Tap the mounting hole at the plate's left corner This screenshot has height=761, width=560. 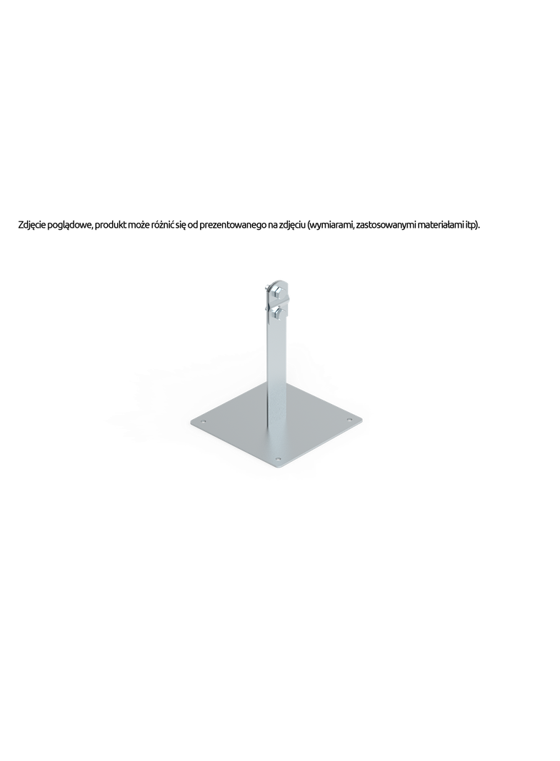(204, 421)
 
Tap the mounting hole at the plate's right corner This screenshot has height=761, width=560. (349, 419)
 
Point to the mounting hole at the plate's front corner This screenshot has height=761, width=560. (278, 458)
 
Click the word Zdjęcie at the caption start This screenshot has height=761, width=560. (32, 225)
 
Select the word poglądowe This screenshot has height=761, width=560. (69, 225)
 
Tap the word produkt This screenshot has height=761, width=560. (110, 225)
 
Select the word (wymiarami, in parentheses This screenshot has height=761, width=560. (331, 225)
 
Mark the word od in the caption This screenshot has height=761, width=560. (192, 225)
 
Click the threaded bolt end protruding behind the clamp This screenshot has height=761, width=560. (266, 287)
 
